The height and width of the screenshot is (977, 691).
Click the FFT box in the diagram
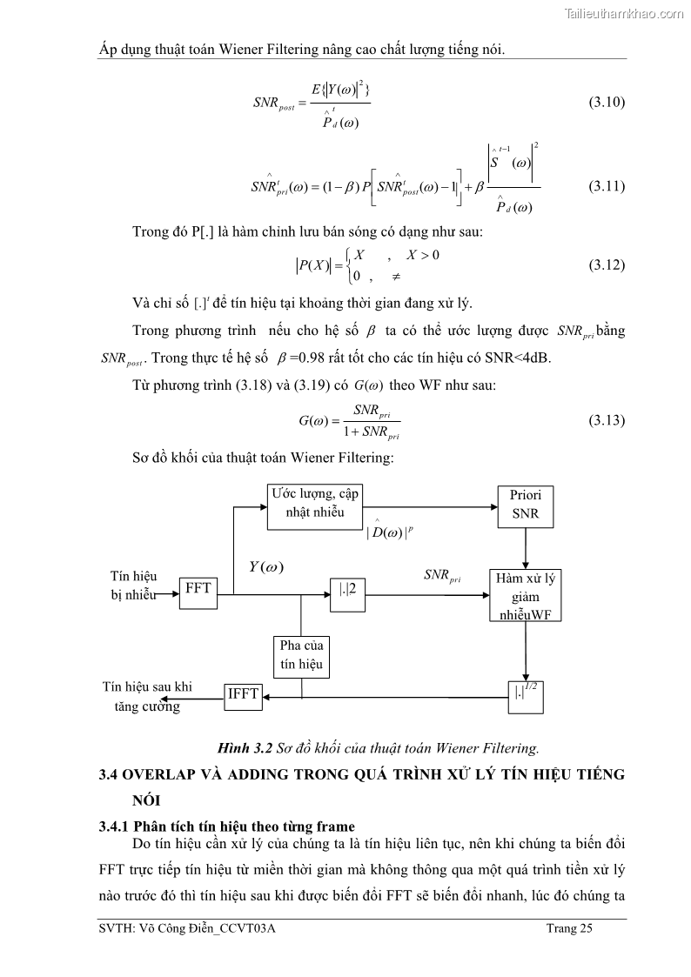tap(198, 589)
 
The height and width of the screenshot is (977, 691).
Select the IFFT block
tap(243, 693)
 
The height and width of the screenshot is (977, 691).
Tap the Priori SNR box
tap(526, 505)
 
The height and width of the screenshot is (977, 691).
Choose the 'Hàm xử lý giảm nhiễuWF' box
tap(526, 596)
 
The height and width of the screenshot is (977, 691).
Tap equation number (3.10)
tap(607, 102)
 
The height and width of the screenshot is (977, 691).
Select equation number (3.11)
tap(607, 185)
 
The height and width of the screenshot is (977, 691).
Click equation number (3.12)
tap(607, 264)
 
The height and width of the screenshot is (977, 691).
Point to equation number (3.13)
tap(607, 420)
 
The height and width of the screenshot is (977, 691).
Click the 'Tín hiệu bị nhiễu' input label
tap(133, 586)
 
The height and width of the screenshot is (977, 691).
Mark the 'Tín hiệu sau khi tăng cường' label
tap(147, 696)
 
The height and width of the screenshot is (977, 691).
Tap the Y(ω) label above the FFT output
tap(266, 566)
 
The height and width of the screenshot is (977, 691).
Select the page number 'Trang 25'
tap(569, 929)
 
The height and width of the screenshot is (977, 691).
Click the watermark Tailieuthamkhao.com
tap(624, 13)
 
